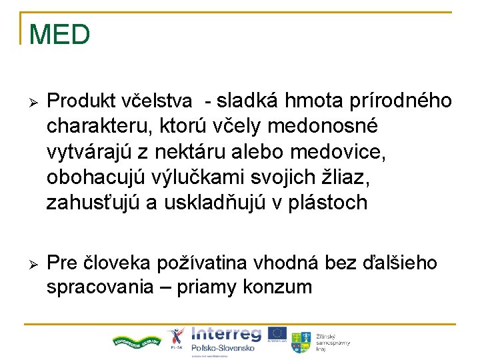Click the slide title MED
tap(59, 35)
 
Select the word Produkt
tap(83, 101)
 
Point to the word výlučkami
tap(193, 177)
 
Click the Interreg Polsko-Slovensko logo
tap(225, 341)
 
